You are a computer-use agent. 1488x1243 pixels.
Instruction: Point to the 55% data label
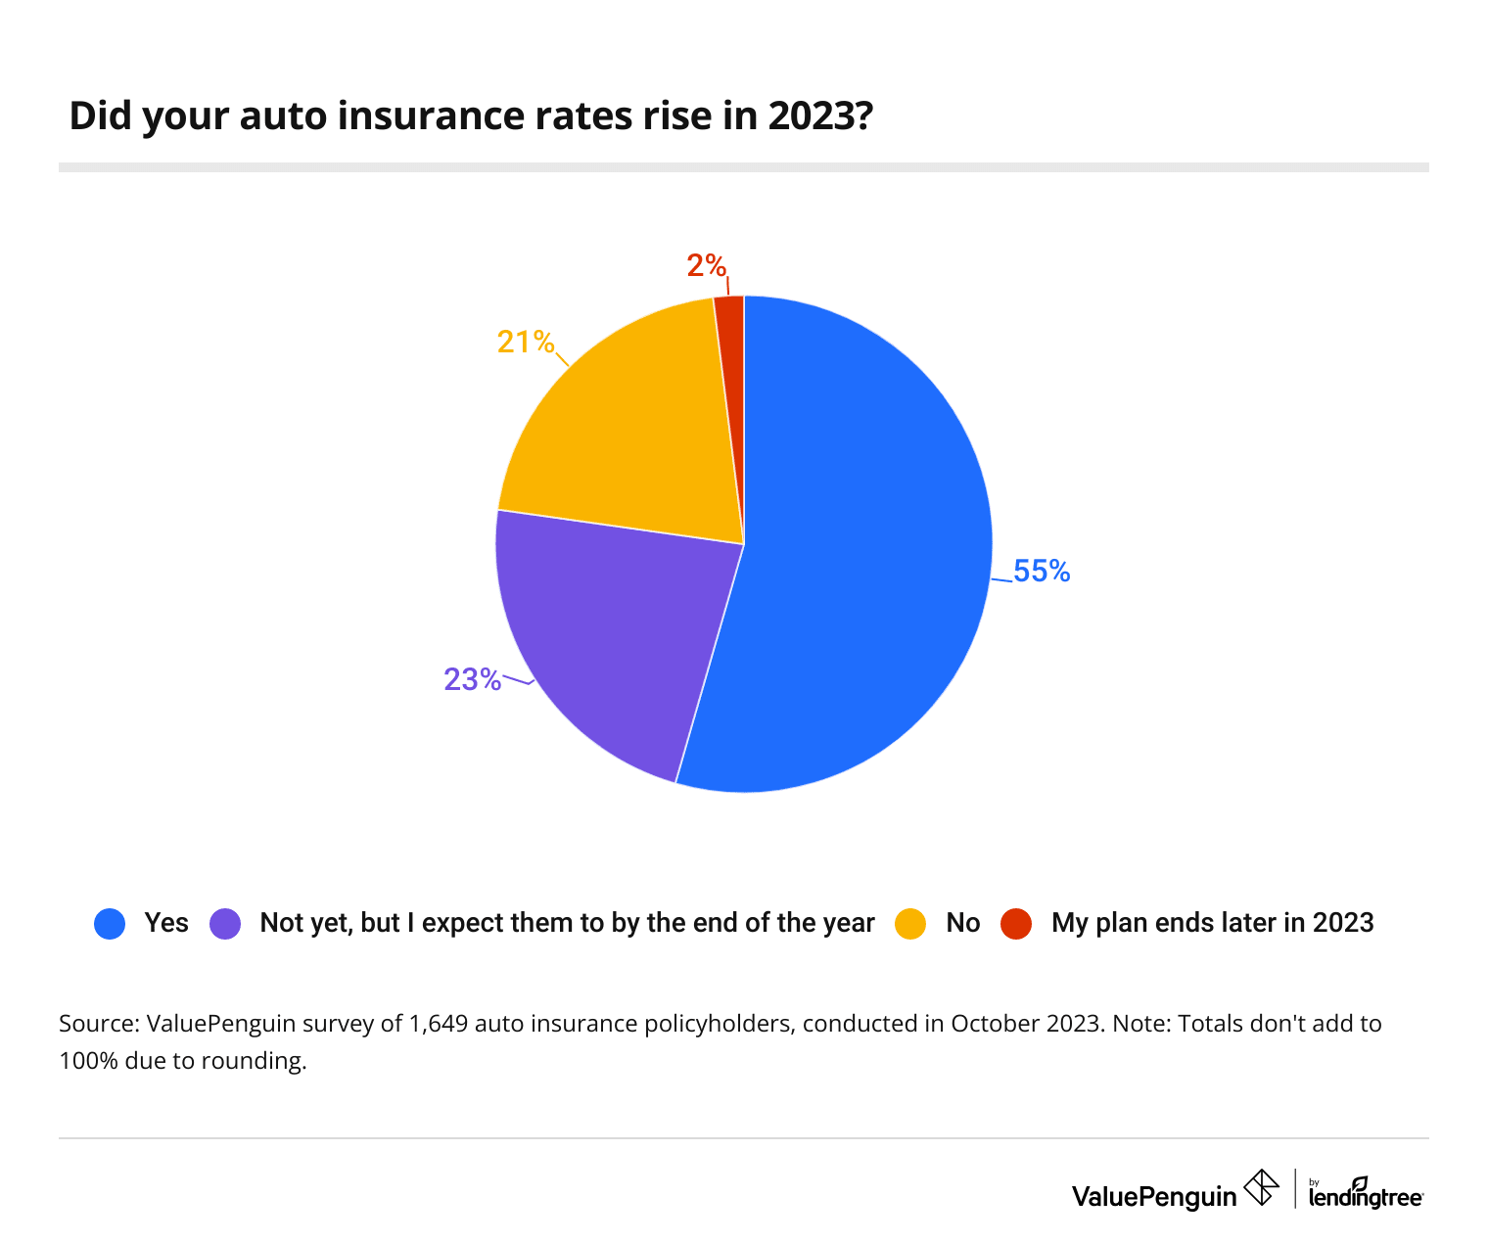pyautogui.click(x=1042, y=572)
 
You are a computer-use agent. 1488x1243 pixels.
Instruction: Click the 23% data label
pyautogui.click(x=472, y=679)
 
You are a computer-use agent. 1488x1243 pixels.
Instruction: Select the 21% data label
pyautogui.click(x=526, y=342)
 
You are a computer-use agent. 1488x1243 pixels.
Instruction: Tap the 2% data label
pyautogui.click(x=706, y=265)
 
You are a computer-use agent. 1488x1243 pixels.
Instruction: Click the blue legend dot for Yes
pyautogui.click(x=110, y=924)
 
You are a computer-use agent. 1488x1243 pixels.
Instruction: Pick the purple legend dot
pyautogui.click(x=225, y=924)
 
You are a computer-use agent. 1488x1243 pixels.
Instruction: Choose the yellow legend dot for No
pyautogui.click(x=910, y=924)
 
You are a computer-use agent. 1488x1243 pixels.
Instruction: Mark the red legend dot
pyautogui.click(x=1016, y=924)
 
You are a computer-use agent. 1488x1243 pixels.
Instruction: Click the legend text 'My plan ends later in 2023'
pyautogui.click(x=1212, y=923)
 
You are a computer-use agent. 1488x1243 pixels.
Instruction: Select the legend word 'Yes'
pyautogui.click(x=166, y=923)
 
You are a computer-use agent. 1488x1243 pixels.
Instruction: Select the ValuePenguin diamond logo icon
pyautogui.click(x=1261, y=1188)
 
